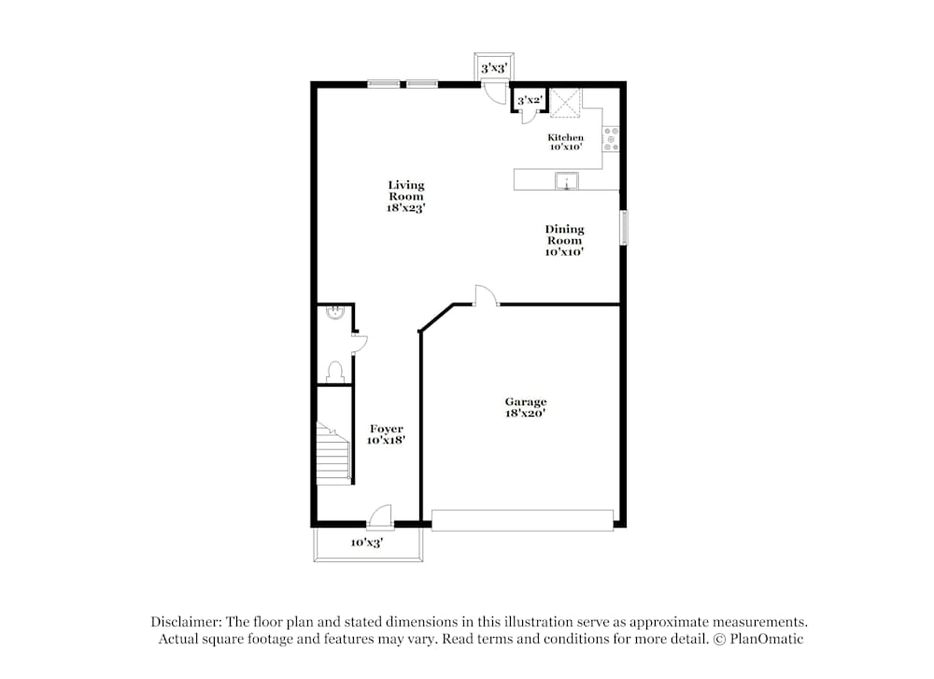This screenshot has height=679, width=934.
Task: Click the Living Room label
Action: coord(406,196)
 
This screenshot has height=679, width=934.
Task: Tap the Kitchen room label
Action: coord(565,142)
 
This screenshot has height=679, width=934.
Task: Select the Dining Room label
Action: coord(564,240)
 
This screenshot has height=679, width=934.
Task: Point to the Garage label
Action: coord(526,406)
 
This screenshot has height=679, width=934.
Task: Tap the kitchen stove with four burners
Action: coord(611,139)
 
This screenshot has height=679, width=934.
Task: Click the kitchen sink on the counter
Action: coord(566,181)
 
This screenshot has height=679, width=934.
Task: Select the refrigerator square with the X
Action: coord(565,103)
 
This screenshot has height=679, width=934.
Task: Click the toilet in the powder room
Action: coord(335,372)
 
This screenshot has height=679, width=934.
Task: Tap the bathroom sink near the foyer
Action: coord(334,315)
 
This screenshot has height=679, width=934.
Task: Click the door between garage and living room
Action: coord(486,296)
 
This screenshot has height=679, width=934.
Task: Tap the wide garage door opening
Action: coord(522,520)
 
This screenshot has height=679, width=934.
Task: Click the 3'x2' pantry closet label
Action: coord(530,100)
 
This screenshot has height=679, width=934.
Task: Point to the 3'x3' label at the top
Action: coord(492,68)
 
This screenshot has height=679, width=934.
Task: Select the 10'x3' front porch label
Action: coord(366,543)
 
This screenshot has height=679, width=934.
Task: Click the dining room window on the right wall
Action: coord(624,228)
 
